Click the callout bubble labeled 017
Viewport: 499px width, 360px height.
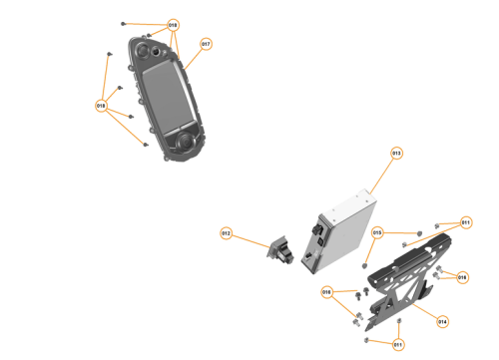click(206, 44)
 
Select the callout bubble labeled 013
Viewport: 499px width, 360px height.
click(396, 154)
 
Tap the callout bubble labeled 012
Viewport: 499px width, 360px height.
click(226, 233)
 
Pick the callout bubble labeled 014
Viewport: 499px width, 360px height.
click(443, 321)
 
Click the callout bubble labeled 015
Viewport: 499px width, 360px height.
click(377, 232)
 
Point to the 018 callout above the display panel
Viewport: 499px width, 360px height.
click(173, 24)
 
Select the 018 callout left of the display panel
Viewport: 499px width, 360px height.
click(101, 105)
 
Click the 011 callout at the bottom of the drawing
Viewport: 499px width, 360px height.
click(397, 344)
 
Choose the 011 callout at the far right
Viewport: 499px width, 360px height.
click(466, 221)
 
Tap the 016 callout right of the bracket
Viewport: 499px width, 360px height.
click(462, 277)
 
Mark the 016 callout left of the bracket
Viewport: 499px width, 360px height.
click(326, 292)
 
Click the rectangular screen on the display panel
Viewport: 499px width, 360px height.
click(166, 94)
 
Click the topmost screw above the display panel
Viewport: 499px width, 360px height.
click(122, 22)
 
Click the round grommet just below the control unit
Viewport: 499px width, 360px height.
click(365, 265)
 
